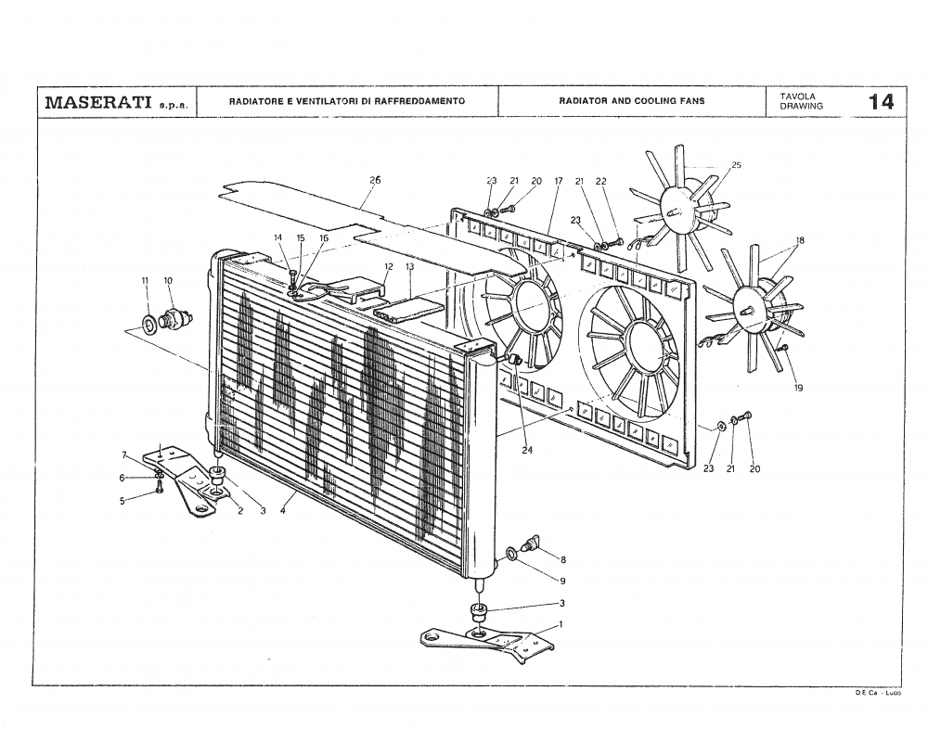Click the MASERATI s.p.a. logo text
[117, 101]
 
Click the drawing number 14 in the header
[881, 101]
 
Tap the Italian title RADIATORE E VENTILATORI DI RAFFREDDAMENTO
[347, 100]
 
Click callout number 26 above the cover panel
[375, 180]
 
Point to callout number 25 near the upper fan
[736, 165]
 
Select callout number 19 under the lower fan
[798, 389]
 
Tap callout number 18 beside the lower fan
[799, 240]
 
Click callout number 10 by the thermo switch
[168, 280]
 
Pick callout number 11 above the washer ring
[145, 280]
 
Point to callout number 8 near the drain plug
[563, 560]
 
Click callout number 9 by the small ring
[562, 581]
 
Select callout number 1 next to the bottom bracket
[561, 625]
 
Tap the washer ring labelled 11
[148, 324]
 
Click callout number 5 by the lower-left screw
[122, 502]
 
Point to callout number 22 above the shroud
[600, 181]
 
